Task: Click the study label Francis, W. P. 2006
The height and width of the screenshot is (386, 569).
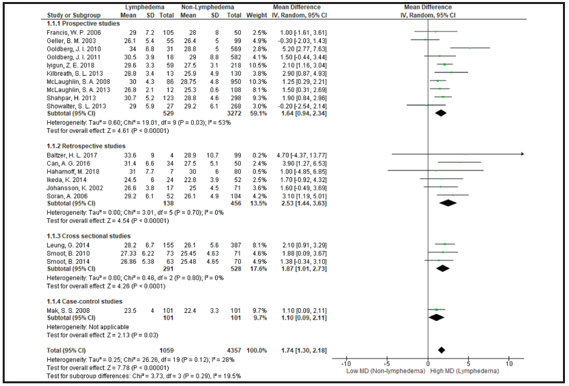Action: pyautogui.click(x=69, y=31)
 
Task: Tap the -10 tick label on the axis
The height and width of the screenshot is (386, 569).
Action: pyautogui.click(x=347, y=363)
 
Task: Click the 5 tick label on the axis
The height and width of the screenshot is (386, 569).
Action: pyautogui.click(x=469, y=363)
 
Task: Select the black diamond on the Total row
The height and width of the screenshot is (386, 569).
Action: pyautogui.click(x=442, y=350)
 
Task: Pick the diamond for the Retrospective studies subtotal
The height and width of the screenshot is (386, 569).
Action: pyautogui.click(x=449, y=202)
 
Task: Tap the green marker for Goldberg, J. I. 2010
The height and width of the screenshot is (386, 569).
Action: pyautogui.click(x=470, y=48)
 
